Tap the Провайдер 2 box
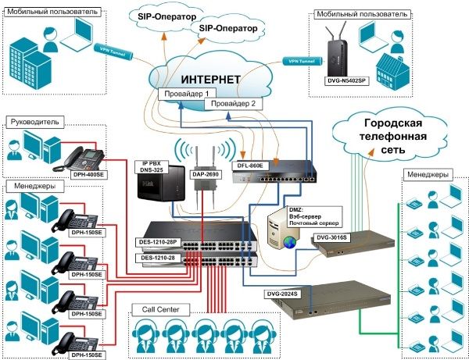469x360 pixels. (231, 102)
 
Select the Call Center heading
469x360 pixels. (156, 310)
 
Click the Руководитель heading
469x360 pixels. (34, 122)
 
